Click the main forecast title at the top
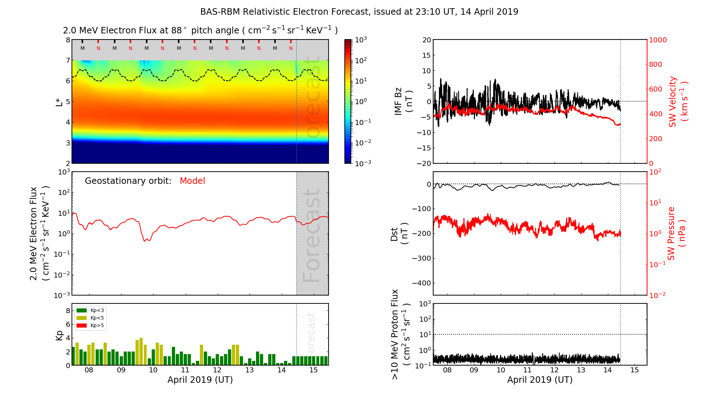pos(359,12)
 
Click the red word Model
pos(192,181)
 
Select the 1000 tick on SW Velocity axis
pos(658,40)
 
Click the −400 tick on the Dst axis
pos(421,283)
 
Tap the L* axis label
pos(59,102)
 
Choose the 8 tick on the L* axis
pos(68,40)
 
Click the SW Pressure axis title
pos(676,233)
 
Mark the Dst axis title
pos(399,233)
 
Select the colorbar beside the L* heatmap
pos(348,102)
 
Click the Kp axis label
pos(59,335)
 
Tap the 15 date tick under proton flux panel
pos(635,370)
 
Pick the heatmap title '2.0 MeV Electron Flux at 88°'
pos(200,31)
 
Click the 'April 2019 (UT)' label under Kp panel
pos(200,380)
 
